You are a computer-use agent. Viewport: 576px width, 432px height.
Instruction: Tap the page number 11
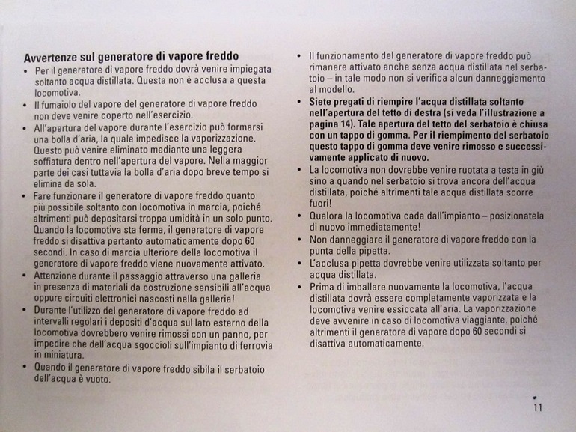(538, 407)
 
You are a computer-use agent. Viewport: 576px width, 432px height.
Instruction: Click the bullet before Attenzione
(26, 275)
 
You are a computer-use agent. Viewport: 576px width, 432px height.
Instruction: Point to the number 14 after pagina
(349, 124)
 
